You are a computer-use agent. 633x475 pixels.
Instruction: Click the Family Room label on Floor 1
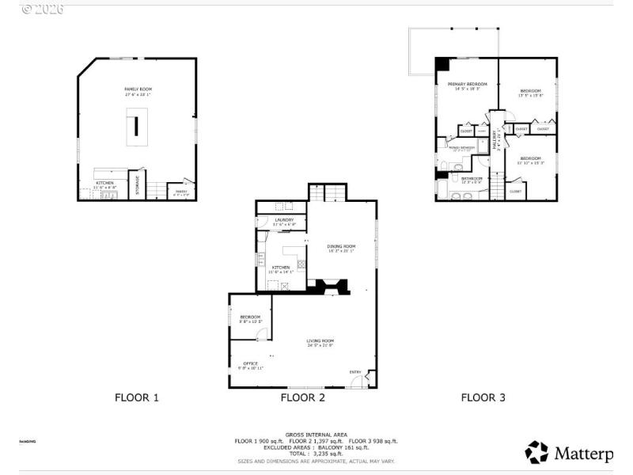click(137, 89)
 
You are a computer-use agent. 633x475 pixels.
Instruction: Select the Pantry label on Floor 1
click(181, 191)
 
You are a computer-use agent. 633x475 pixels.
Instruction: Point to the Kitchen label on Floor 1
click(104, 183)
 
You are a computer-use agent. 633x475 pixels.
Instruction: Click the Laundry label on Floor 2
click(284, 219)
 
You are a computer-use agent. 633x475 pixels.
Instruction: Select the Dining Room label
click(341, 246)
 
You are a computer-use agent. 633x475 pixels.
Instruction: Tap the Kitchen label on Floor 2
click(281, 268)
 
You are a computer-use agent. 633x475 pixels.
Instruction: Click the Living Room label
click(320, 341)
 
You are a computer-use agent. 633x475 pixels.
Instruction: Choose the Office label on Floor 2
click(250, 363)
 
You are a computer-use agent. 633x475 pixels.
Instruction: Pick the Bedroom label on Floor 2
click(250, 317)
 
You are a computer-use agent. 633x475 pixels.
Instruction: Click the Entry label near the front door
click(355, 371)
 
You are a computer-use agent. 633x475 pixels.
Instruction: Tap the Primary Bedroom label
click(467, 84)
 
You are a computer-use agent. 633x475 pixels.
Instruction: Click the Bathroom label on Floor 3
click(472, 178)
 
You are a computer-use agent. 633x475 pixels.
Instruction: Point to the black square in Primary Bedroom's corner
click(442, 65)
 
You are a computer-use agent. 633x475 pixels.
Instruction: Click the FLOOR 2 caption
click(302, 397)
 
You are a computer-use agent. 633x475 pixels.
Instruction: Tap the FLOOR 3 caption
click(483, 397)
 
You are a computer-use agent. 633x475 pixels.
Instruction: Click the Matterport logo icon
click(536, 452)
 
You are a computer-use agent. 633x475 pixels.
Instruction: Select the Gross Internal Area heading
click(316, 435)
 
